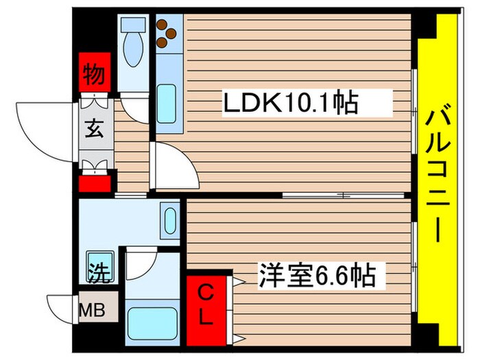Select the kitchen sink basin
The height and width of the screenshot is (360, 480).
tap(167, 103)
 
